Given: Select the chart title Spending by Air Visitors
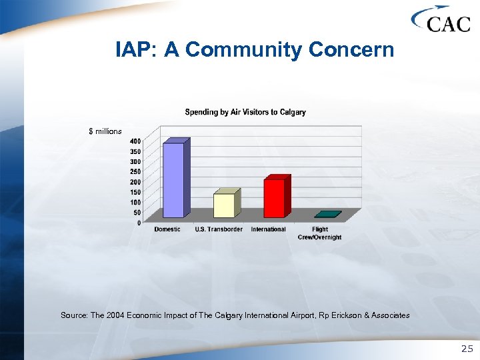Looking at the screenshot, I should click(x=245, y=112).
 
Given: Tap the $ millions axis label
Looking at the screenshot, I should click(x=105, y=131).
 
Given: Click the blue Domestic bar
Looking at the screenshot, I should click(x=173, y=179).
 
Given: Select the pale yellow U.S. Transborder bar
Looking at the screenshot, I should click(x=224, y=205).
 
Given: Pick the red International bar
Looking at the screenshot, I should click(x=274, y=197).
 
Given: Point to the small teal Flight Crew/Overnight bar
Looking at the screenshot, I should click(x=327, y=215).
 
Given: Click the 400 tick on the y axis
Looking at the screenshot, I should click(x=135, y=141).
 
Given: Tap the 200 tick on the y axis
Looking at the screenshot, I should click(x=135, y=182).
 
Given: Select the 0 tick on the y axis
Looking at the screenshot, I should click(x=138, y=223).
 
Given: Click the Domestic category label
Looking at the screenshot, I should click(x=167, y=229).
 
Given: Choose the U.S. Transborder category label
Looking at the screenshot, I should click(x=218, y=229).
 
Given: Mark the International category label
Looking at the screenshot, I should click(x=268, y=229).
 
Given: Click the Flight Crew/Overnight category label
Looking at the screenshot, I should click(x=319, y=233).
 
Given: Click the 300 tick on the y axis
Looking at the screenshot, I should click(x=135, y=161).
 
